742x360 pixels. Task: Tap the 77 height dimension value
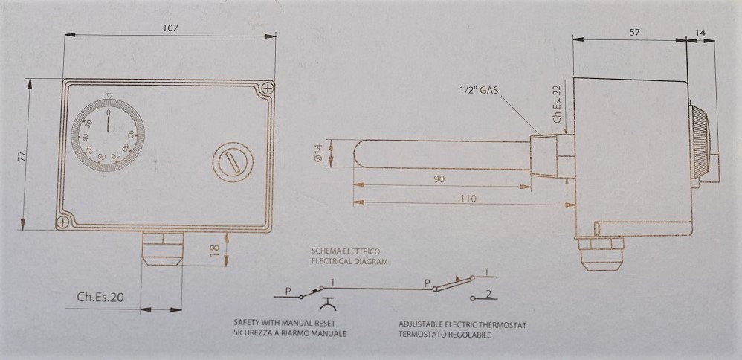click(x=22, y=157)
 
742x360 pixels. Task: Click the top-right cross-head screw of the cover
click(x=268, y=88)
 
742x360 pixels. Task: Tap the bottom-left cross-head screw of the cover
click(x=62, y=222)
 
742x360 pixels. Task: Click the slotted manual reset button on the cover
click(x=233, y=162)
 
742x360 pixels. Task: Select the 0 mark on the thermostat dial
click(x=109, y=112)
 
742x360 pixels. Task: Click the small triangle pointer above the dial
click(x=109, y=96)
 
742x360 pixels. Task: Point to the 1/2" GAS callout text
click(x=479, y=90)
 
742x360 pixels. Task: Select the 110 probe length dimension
click(x=468, y=199)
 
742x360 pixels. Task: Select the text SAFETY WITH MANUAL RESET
click(x=285, y=324)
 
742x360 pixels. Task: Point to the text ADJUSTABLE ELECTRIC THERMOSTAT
click(x=462, y=326)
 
